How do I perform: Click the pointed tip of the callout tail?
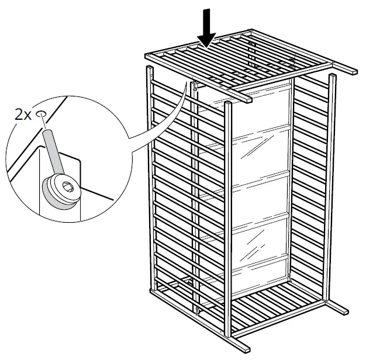(191, 84)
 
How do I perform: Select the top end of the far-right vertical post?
(333, 78)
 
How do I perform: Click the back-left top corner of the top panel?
(149, 54)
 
